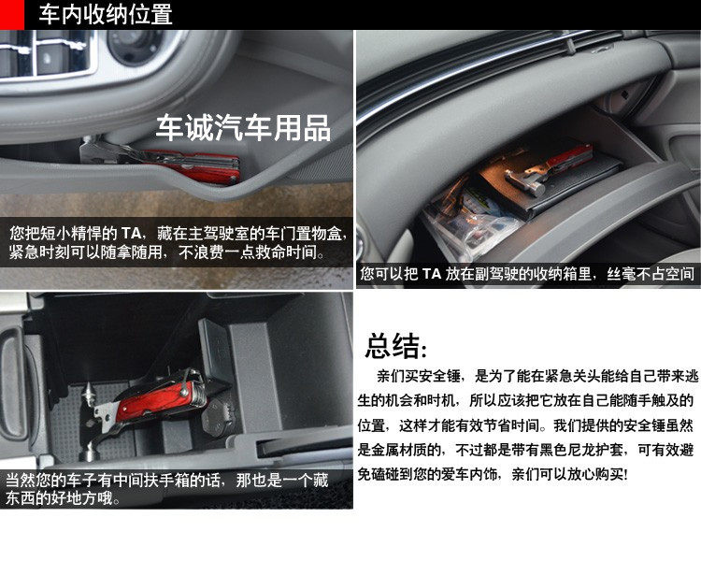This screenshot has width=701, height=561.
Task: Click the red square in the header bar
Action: (11, 14)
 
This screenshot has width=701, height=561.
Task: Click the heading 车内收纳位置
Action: (106, 14)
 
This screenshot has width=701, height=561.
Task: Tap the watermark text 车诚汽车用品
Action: (243, 128)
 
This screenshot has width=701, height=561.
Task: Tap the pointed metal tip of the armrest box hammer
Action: (88, 386)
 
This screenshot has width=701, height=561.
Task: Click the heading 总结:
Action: (396, 346)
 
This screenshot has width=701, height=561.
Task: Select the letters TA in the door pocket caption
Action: (131, 233)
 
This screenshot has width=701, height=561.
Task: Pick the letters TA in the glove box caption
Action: (432, 274)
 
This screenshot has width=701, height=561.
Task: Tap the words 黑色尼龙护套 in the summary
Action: (580, 450)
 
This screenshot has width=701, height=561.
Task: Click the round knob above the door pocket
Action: (135, 45)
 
